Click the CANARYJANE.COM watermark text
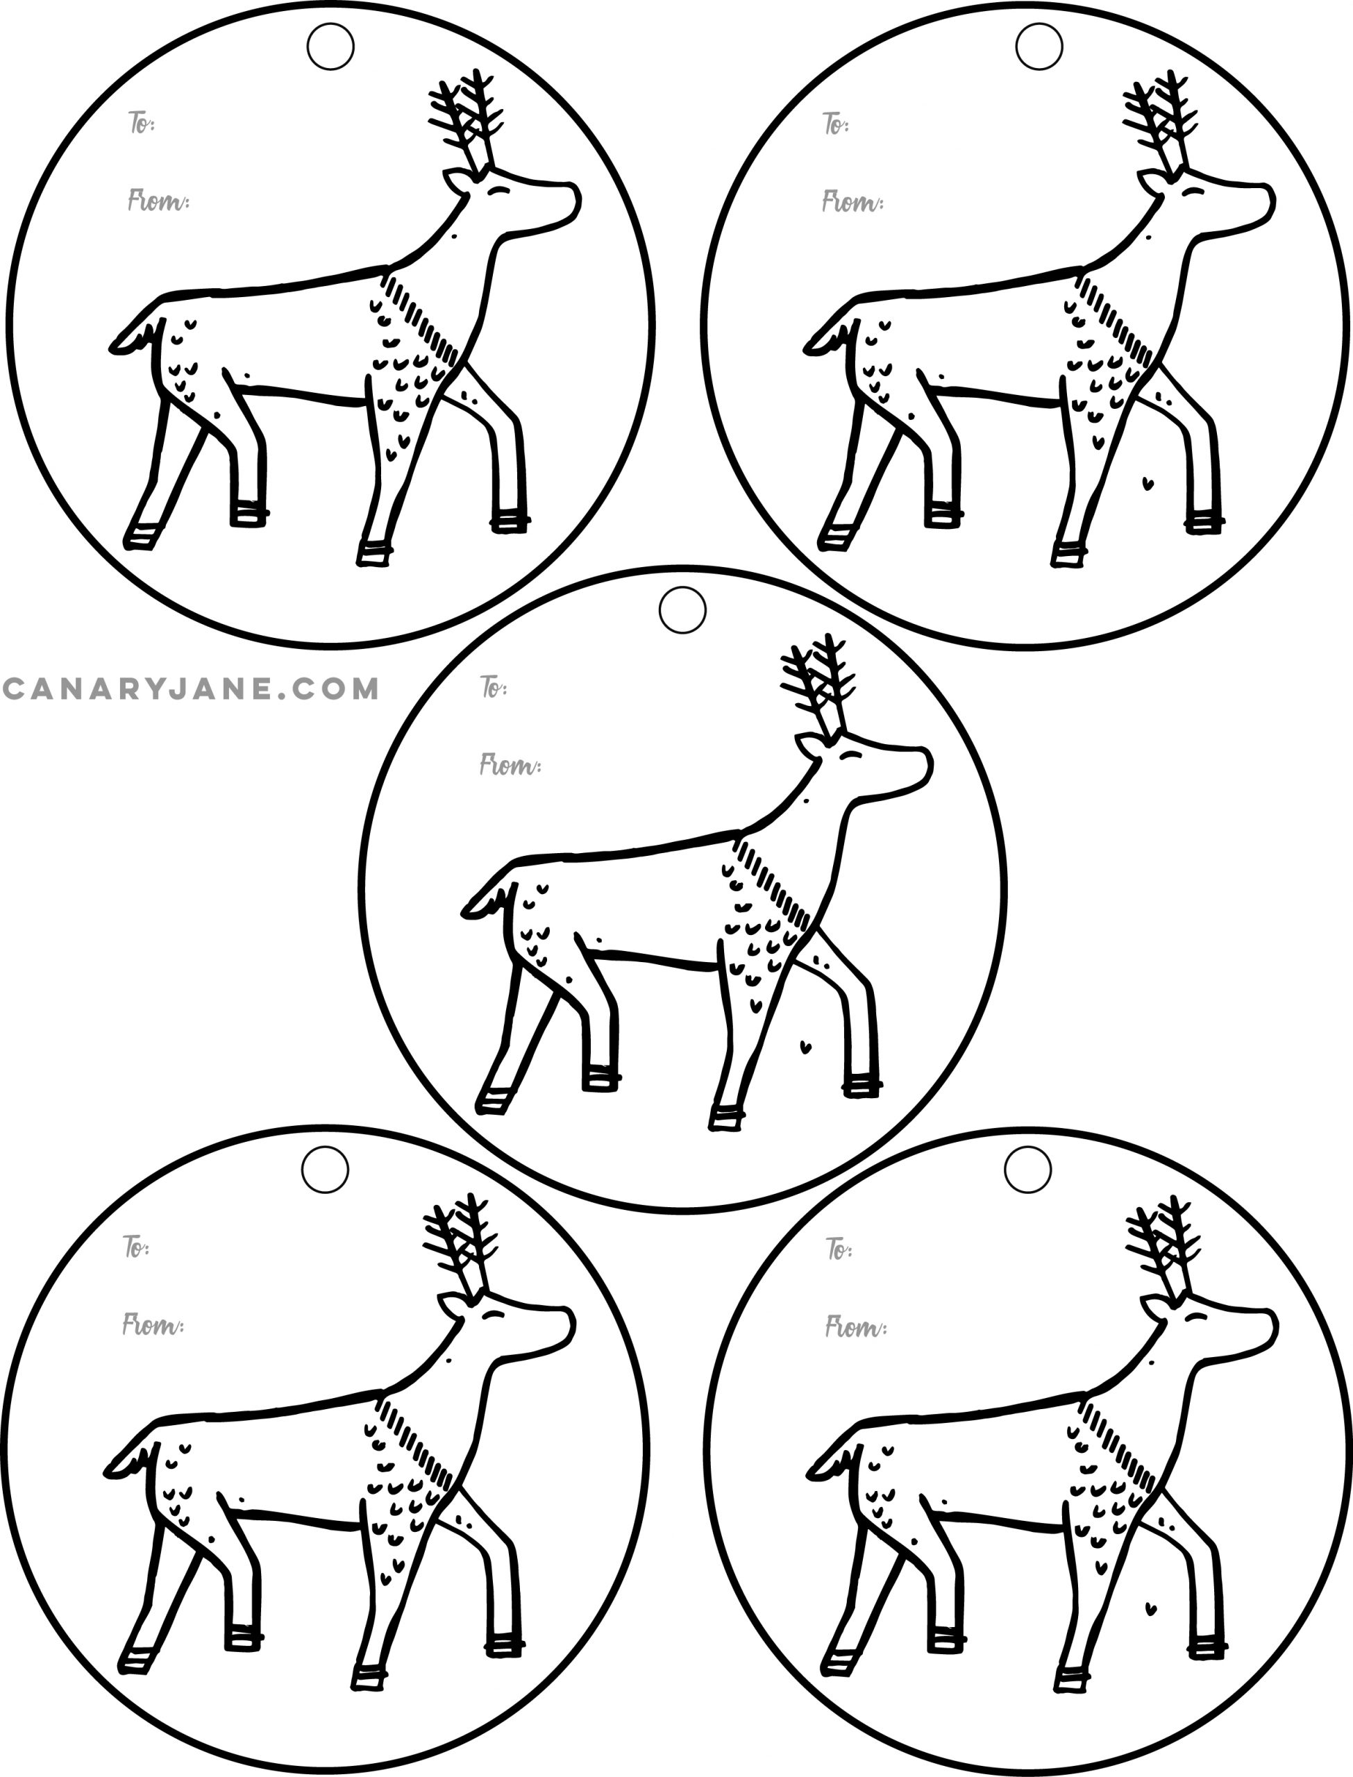tap(191, 689)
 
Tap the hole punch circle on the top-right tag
tap(1039, 47)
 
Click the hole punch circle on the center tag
tap(682, 609)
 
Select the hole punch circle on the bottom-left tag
tap(326, 1170)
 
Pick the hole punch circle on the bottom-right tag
tap(1028, 1170)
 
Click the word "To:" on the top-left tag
tap(142, 123)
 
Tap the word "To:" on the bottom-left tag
tap(137, 1247)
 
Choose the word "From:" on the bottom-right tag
tap(856, 1326)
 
